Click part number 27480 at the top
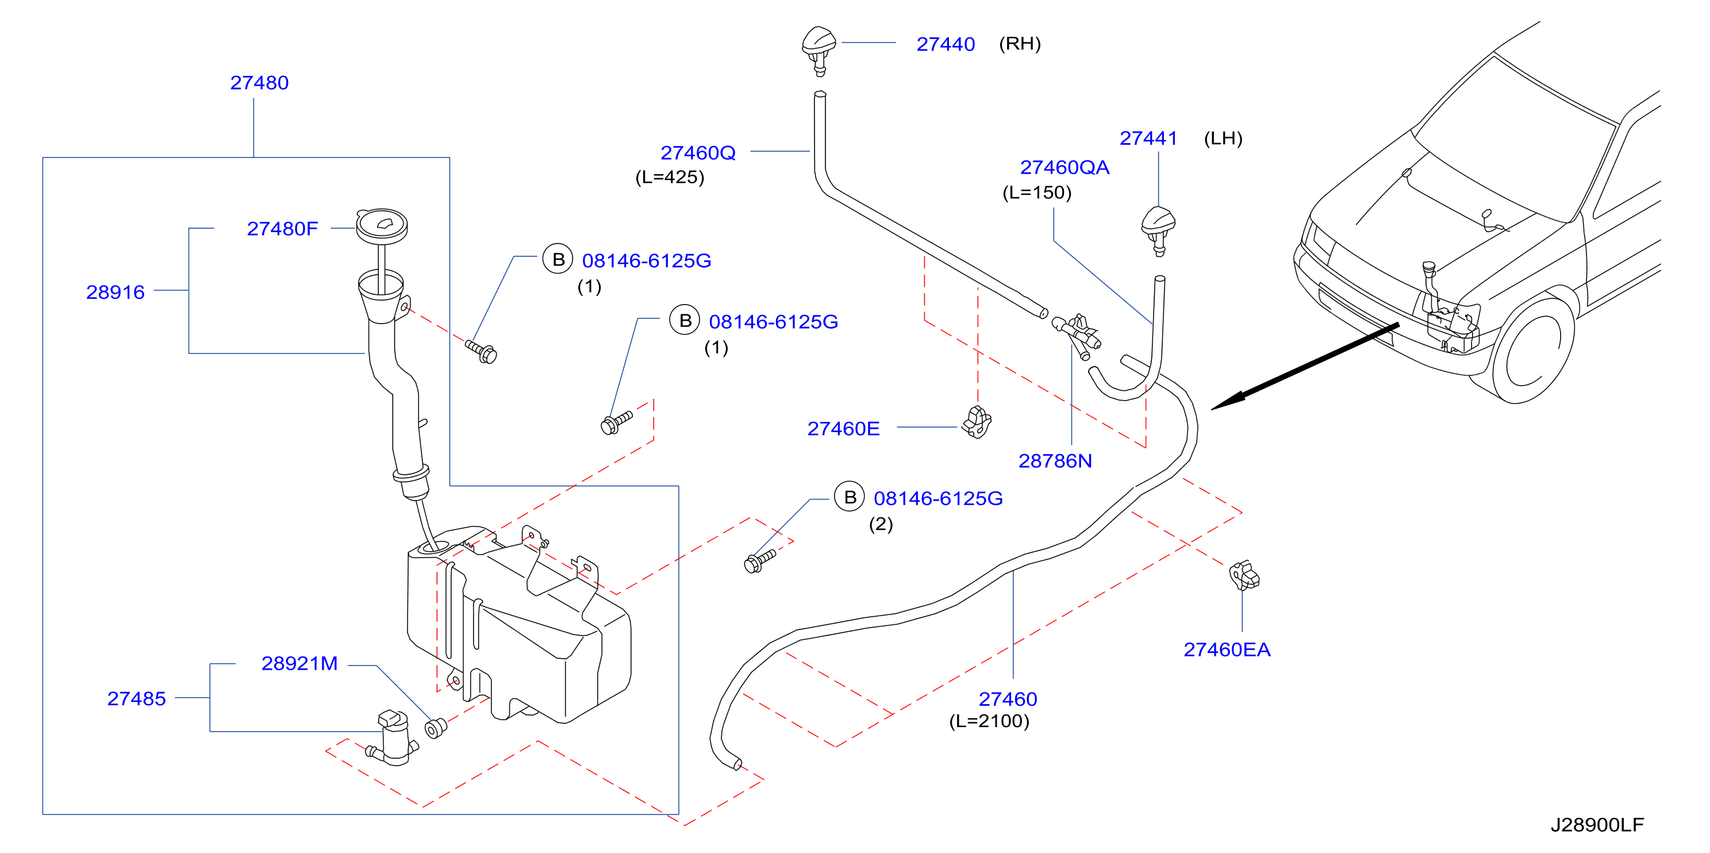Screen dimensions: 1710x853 click(259, 83)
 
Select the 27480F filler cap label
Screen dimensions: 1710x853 click(282, 229)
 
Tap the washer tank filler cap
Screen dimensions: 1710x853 click(382, 226)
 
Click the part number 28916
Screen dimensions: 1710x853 click(116, 292)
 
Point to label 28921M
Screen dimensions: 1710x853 click(299, 663)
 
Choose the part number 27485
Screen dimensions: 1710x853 click(137, 698)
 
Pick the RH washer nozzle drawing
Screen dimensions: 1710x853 click(819, 51)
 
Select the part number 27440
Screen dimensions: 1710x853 click(946, 44)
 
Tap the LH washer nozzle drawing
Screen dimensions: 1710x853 click(1158, 230)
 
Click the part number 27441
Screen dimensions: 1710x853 click(1148, 138)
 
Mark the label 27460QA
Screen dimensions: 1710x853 click(1065, 167)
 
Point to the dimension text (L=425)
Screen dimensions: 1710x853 click(670, 177)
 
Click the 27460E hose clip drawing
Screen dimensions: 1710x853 click(977, 422)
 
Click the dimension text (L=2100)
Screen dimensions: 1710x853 click(989, 721)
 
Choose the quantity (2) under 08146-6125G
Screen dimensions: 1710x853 click(881, 524)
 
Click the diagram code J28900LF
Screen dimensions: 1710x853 click(1597, 824)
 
